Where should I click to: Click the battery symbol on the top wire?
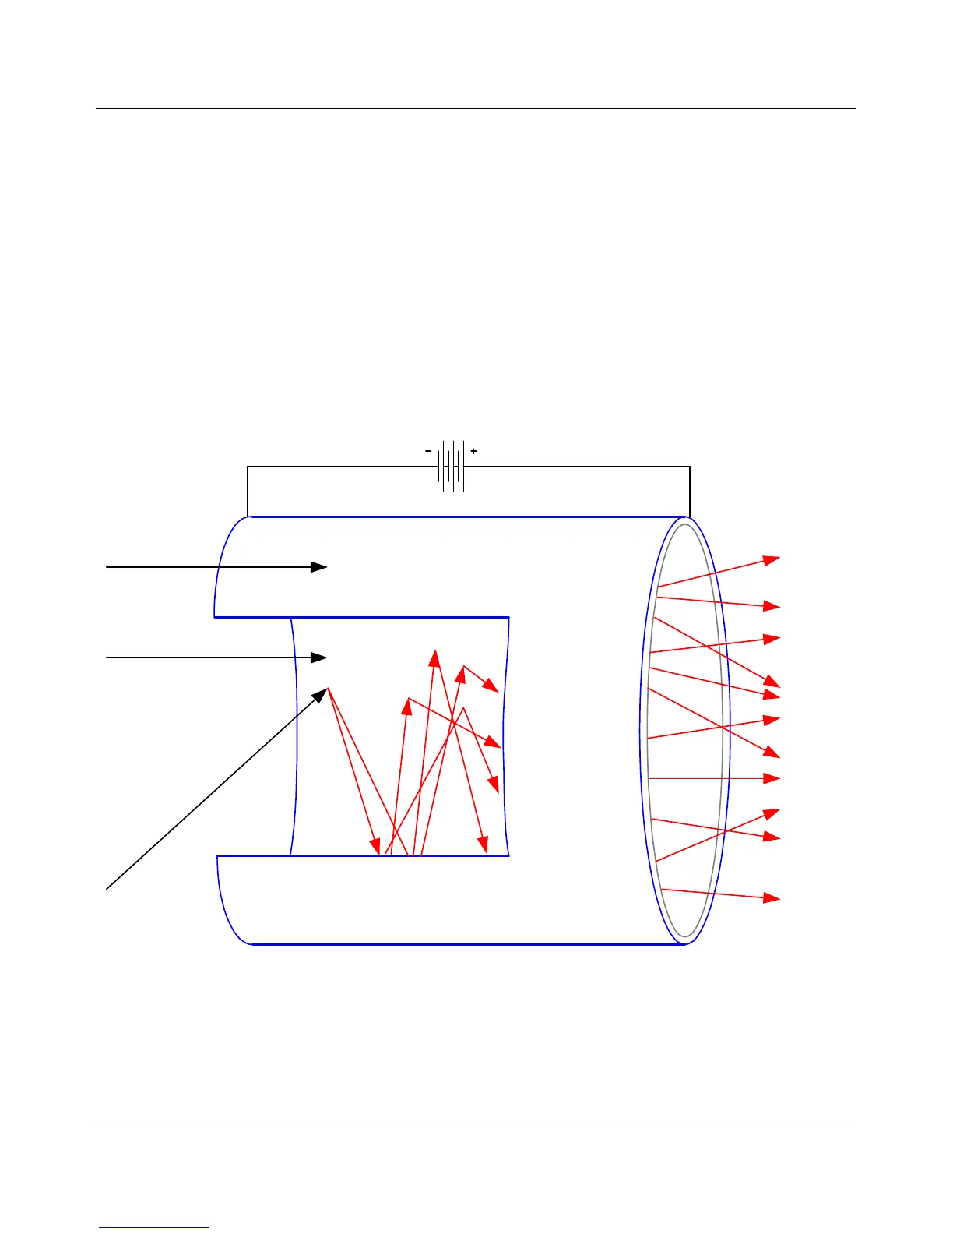[452, 467]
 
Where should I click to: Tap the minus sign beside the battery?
[428, 451]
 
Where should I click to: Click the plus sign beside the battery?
[473, 451]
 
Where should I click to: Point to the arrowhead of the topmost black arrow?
[320, 567]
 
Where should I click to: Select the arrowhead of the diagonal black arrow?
[322, 693]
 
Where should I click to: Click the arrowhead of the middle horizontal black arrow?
[320, 658]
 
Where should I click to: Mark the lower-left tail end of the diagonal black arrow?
[107, 887]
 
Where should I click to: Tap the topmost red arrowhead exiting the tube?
[772, 559]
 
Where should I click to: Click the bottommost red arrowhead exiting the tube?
[772, 898]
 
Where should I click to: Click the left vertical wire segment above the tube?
[248, 491]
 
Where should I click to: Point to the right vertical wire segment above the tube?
[690, 491]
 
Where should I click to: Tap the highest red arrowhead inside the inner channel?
[434, 658]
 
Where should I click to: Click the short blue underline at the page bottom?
[154, 1228]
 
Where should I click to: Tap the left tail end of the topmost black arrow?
[107, 567]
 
